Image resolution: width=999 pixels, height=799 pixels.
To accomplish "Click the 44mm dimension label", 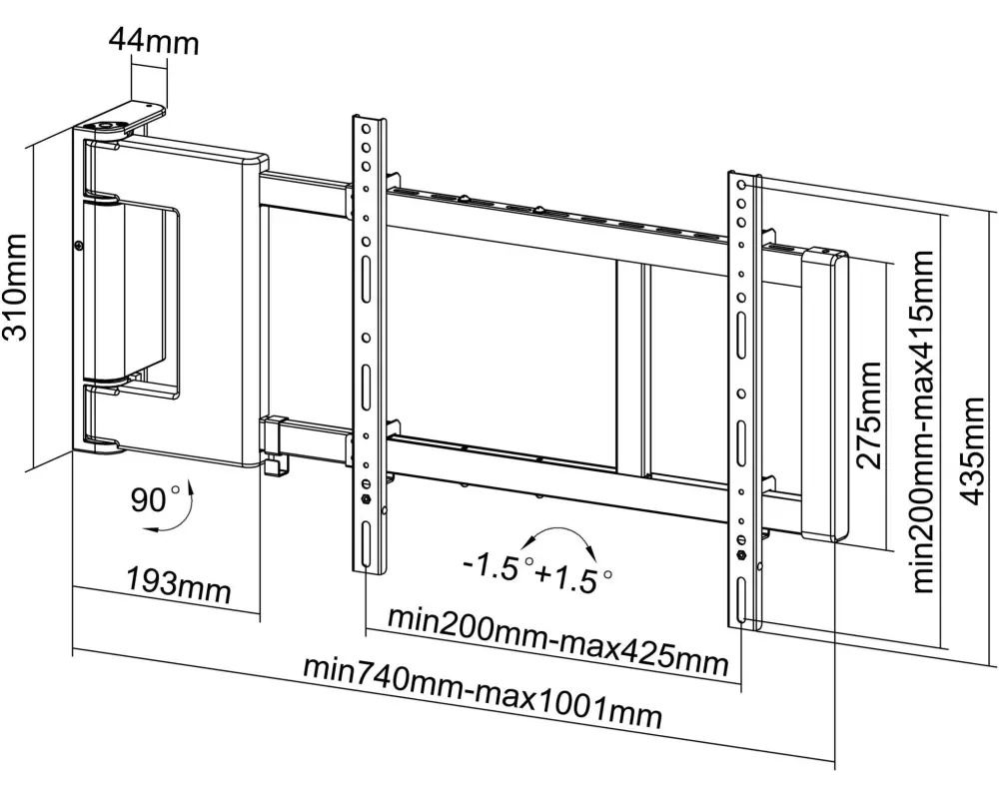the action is click(154, 42).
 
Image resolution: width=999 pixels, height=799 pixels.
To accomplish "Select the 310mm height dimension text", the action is click(15, 288).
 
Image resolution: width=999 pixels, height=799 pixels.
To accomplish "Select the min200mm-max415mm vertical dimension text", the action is click(923, 421).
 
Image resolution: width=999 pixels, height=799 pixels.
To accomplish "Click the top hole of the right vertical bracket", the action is click(742, 186).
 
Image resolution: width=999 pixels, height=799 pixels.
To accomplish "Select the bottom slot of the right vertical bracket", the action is click(741, 600).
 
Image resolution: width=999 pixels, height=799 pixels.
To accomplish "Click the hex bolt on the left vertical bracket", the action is click(366, 498).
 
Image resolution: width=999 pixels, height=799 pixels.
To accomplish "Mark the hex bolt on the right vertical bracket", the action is click(741, 555).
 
